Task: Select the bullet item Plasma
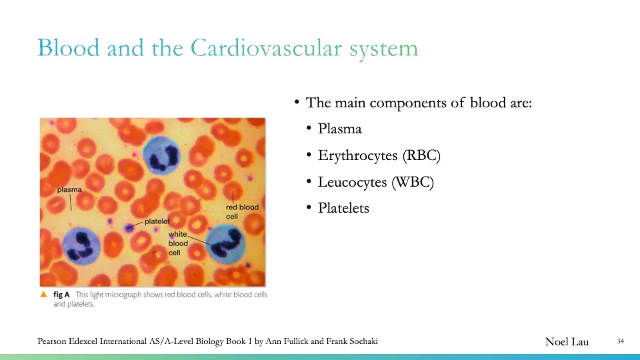(x=339, y=129)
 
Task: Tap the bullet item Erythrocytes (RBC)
(x=379, y=155)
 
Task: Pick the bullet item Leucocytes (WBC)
(x=375, y=181)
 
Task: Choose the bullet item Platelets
(x=343, y=208)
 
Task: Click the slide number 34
(x=620, y=342)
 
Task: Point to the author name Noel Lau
(x=567, y=342)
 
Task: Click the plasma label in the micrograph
(x=69, y=190)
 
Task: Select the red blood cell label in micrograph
(x=242, y=212)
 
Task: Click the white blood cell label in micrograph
(x=178, y=243)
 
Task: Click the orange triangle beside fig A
(x=45, y=294)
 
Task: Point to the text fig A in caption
(x=62, y=295)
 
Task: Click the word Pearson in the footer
(x=54, y=342)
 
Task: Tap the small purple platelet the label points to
(x=129, y=227)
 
